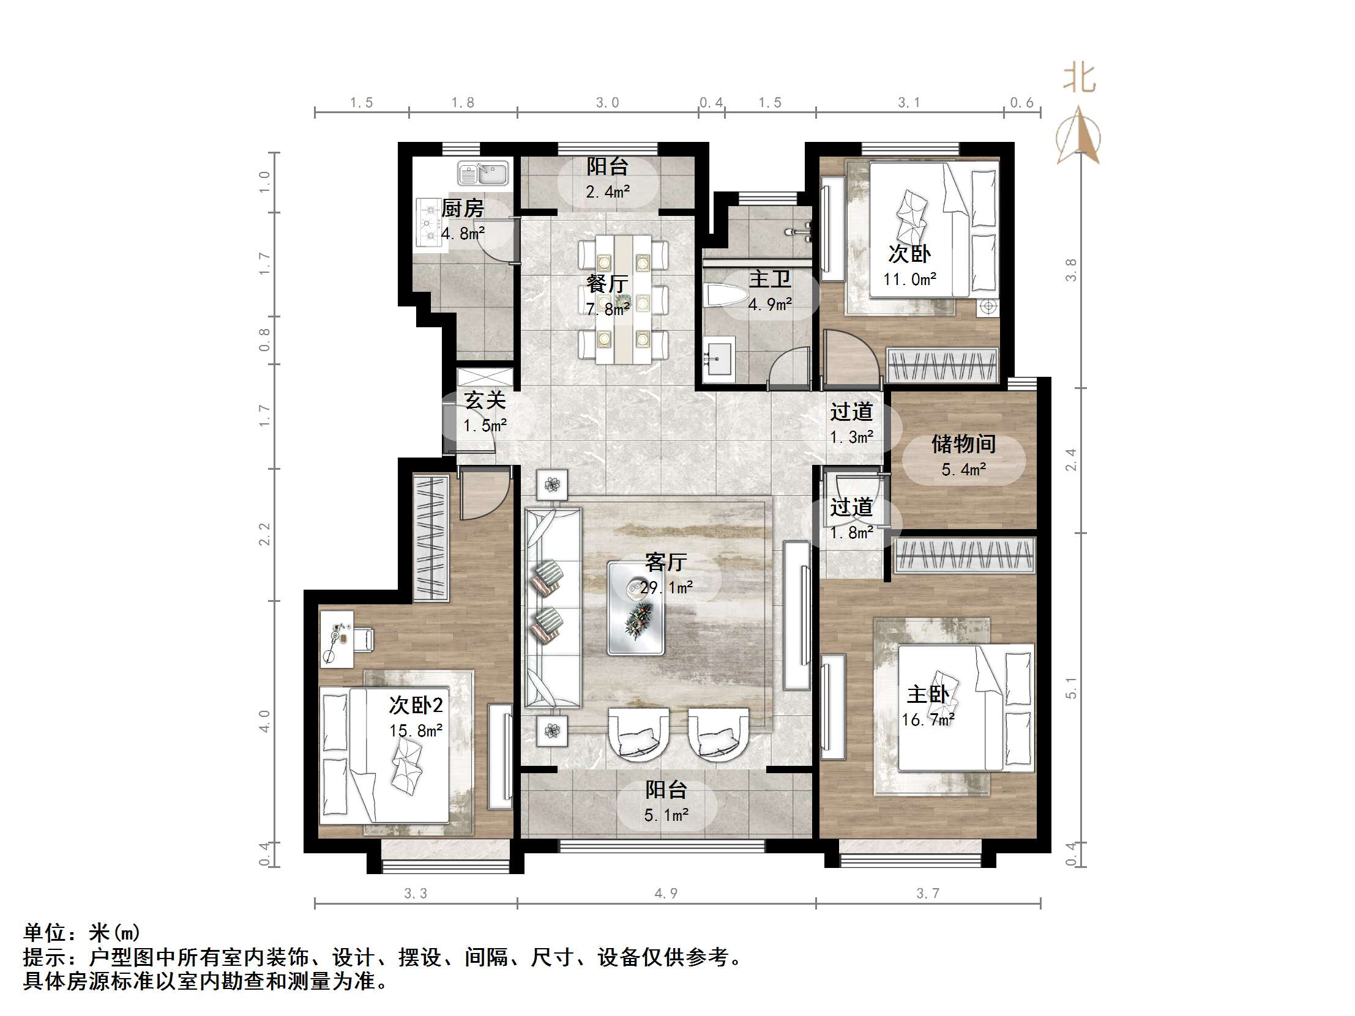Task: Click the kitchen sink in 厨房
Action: click(x=483, y=174)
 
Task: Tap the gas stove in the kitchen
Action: click(x=429, y=224)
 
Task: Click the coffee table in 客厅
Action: click(x=636, y=607)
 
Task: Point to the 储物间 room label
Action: click(x=963, y=444)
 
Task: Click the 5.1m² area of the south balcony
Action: click(x=666, y=815)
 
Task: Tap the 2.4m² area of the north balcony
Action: click(x=608, y=192)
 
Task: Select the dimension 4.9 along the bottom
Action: click(x=666, y=894)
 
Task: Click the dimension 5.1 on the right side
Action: click(x=1070, y=688)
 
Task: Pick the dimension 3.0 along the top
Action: click(x=608, y=103)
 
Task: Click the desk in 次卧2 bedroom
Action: click(x=337, y=639)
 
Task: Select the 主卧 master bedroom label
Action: click(x=927, y=694)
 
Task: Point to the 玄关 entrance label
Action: click(x=485, y=401)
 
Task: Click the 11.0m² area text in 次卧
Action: click(x=909, y=280)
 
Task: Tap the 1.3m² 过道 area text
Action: click(x=851, y=437)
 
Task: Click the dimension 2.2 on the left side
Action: click(x=264, y=534)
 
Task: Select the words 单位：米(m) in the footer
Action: click(x=81, y=933)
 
